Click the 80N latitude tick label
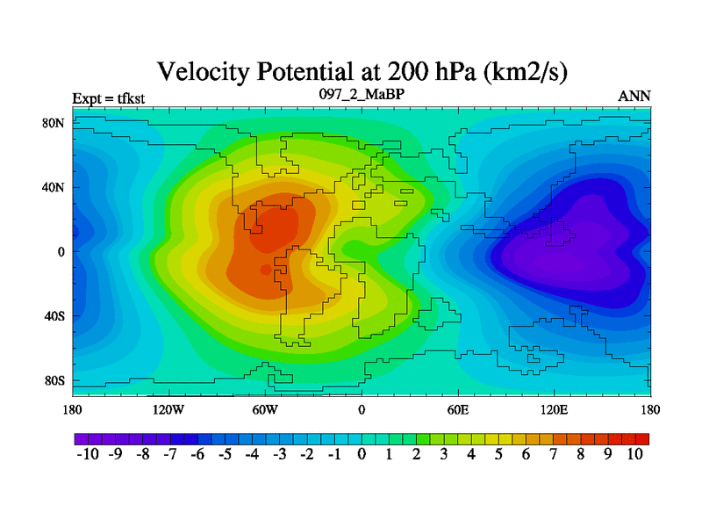(54, 122)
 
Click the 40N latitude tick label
(54, 187)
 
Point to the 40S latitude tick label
(54, 316)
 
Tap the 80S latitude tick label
(54, 380)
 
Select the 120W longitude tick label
(168, 409)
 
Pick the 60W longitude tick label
(264, 409)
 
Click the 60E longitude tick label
(457, 409)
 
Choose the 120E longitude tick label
(554, 409)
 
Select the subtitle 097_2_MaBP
(361, 93)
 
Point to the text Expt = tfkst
(104, 97)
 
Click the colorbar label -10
(88, 454)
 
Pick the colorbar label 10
(634, 454)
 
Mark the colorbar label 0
(362, 454)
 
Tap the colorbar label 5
(498, 454)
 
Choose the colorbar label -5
(224, 454)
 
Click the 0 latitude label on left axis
(61, 251)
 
